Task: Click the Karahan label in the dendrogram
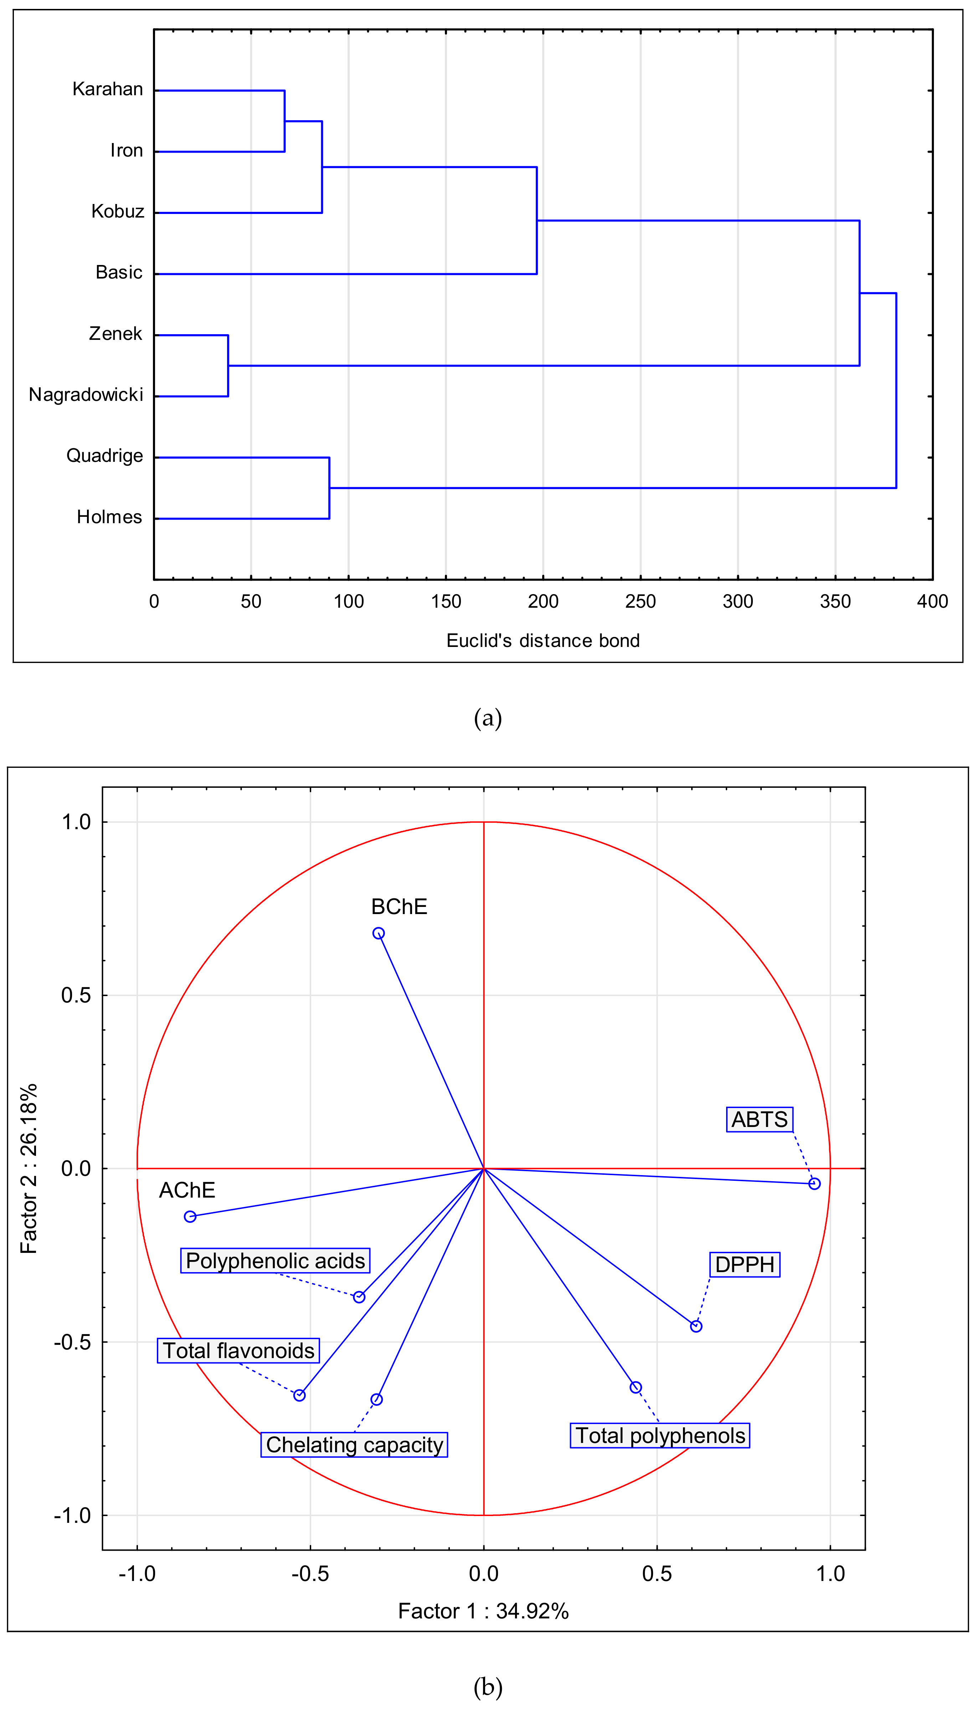pos(107,89)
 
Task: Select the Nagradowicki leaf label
pos(86,395)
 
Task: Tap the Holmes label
pos(109,517)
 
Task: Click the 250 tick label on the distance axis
pos(640,601)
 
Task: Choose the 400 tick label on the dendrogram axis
pos(932,601)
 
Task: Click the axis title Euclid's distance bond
pos(543,641)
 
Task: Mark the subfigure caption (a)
pos(487,718)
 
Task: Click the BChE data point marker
pos(379,933)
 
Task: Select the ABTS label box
pos(760,1120)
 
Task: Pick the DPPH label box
pos(745,1265)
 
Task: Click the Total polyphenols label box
pos(659,1435)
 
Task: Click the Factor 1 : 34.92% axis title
pos(483,1611)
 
